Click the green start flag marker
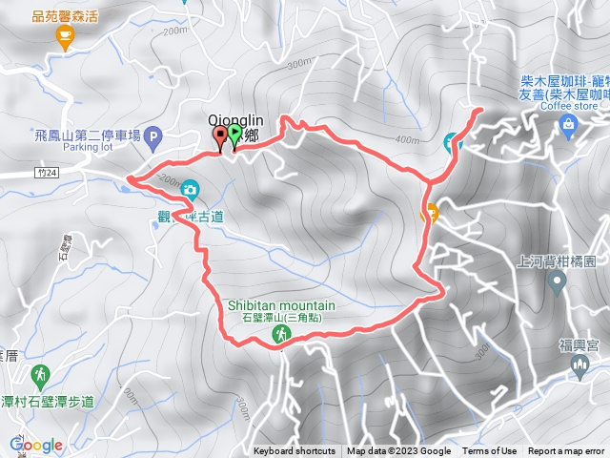(x=234, y=135)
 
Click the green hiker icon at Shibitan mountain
(x=282, y=334)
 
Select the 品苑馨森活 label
(x=64, y=15)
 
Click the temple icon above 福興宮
(x=579, y=367)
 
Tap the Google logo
(x=35, y=445)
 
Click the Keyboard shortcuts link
(x=295, y=451)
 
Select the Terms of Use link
(x=490, y=451)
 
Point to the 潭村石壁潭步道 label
(x=48, y=402)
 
